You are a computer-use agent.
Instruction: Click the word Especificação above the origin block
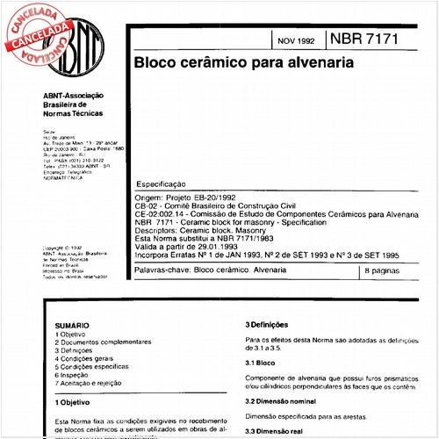(x=162, y=186)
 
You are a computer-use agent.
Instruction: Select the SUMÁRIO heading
(x=71, y=324)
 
